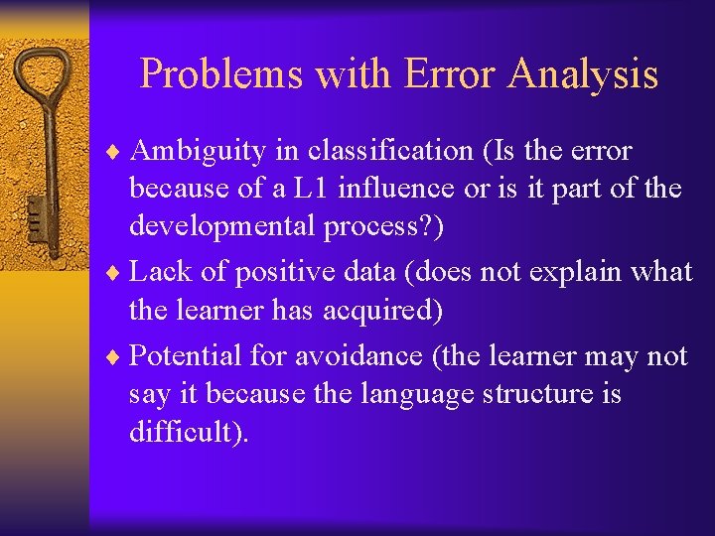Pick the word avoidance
(348, 356)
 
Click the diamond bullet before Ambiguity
(114, 152)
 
